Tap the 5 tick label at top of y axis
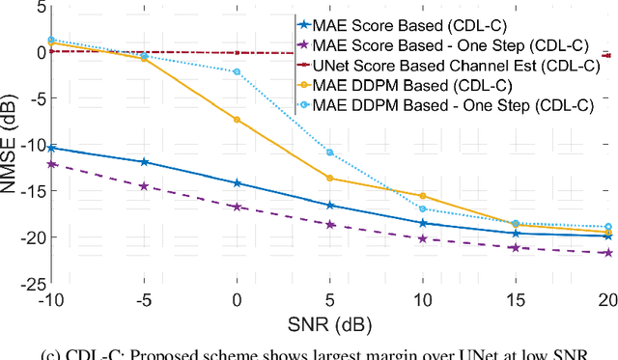tap(39, 7)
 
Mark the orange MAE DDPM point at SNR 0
tap(238, 120)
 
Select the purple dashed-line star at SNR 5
tap(330, 224)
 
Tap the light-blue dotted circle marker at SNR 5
tap(330, 152)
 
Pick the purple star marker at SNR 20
tap(607, 253)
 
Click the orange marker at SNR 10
tap(422, 195)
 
